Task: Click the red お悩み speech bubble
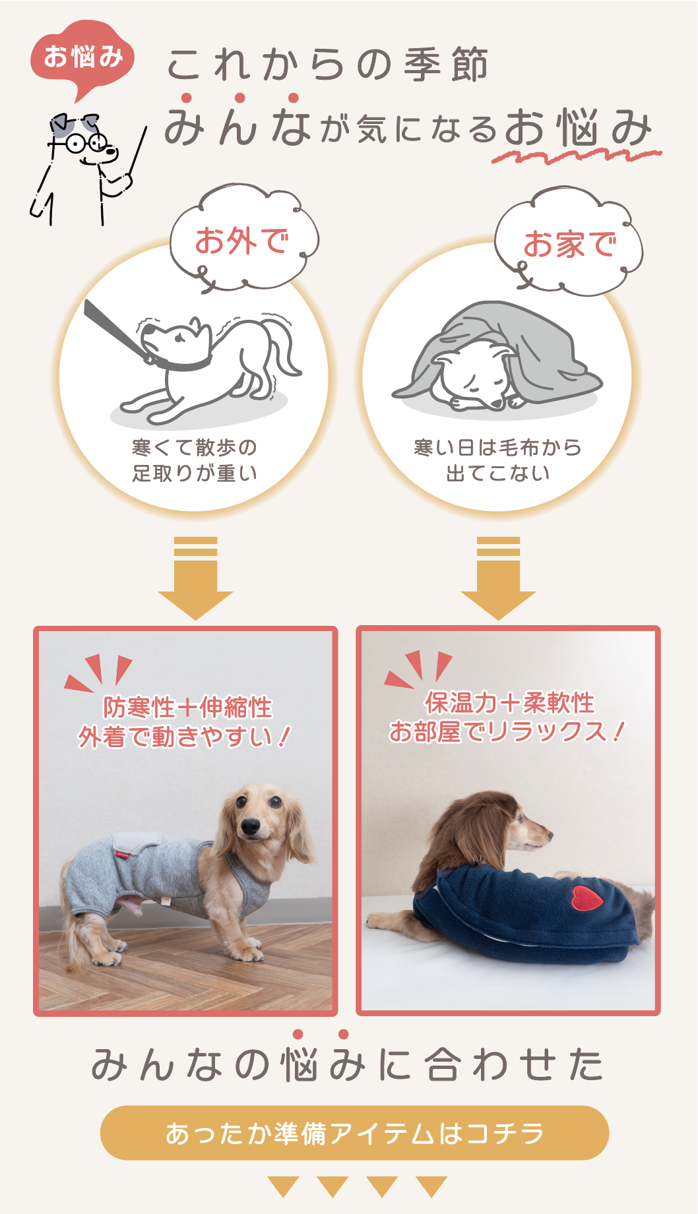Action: (x=82, y=58)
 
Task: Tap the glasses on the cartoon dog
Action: (x=86, y=142)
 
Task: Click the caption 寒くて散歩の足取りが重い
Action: (x=195, y=460)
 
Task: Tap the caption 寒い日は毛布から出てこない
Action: (x=498, y=460)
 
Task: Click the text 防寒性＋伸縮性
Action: (x=187, y=708)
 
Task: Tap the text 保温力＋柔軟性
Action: (x=509, y=703)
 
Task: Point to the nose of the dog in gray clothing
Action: (x=251, y=826)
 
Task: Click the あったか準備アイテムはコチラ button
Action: (x=354, y=1133)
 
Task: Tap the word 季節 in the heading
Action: (x=446, y=65)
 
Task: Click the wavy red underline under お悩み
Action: (x=576, y=156)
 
